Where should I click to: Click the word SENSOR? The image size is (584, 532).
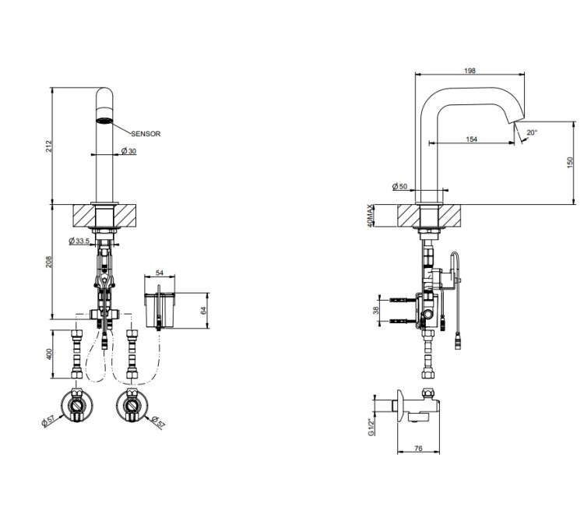[146, 134]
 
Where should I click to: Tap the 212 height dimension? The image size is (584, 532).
[49, 146]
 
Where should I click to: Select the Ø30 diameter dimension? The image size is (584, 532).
[128, 150]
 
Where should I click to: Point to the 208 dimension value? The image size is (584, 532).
[49, 262]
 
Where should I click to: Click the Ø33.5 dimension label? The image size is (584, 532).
[79, 241]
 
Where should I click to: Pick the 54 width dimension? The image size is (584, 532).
[160, 273]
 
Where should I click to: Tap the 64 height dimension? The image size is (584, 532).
[203, 310]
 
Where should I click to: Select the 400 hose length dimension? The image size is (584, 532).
[49, 354]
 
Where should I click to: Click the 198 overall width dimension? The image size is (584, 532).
[470, 70]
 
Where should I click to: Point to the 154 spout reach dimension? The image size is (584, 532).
[472, 139]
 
